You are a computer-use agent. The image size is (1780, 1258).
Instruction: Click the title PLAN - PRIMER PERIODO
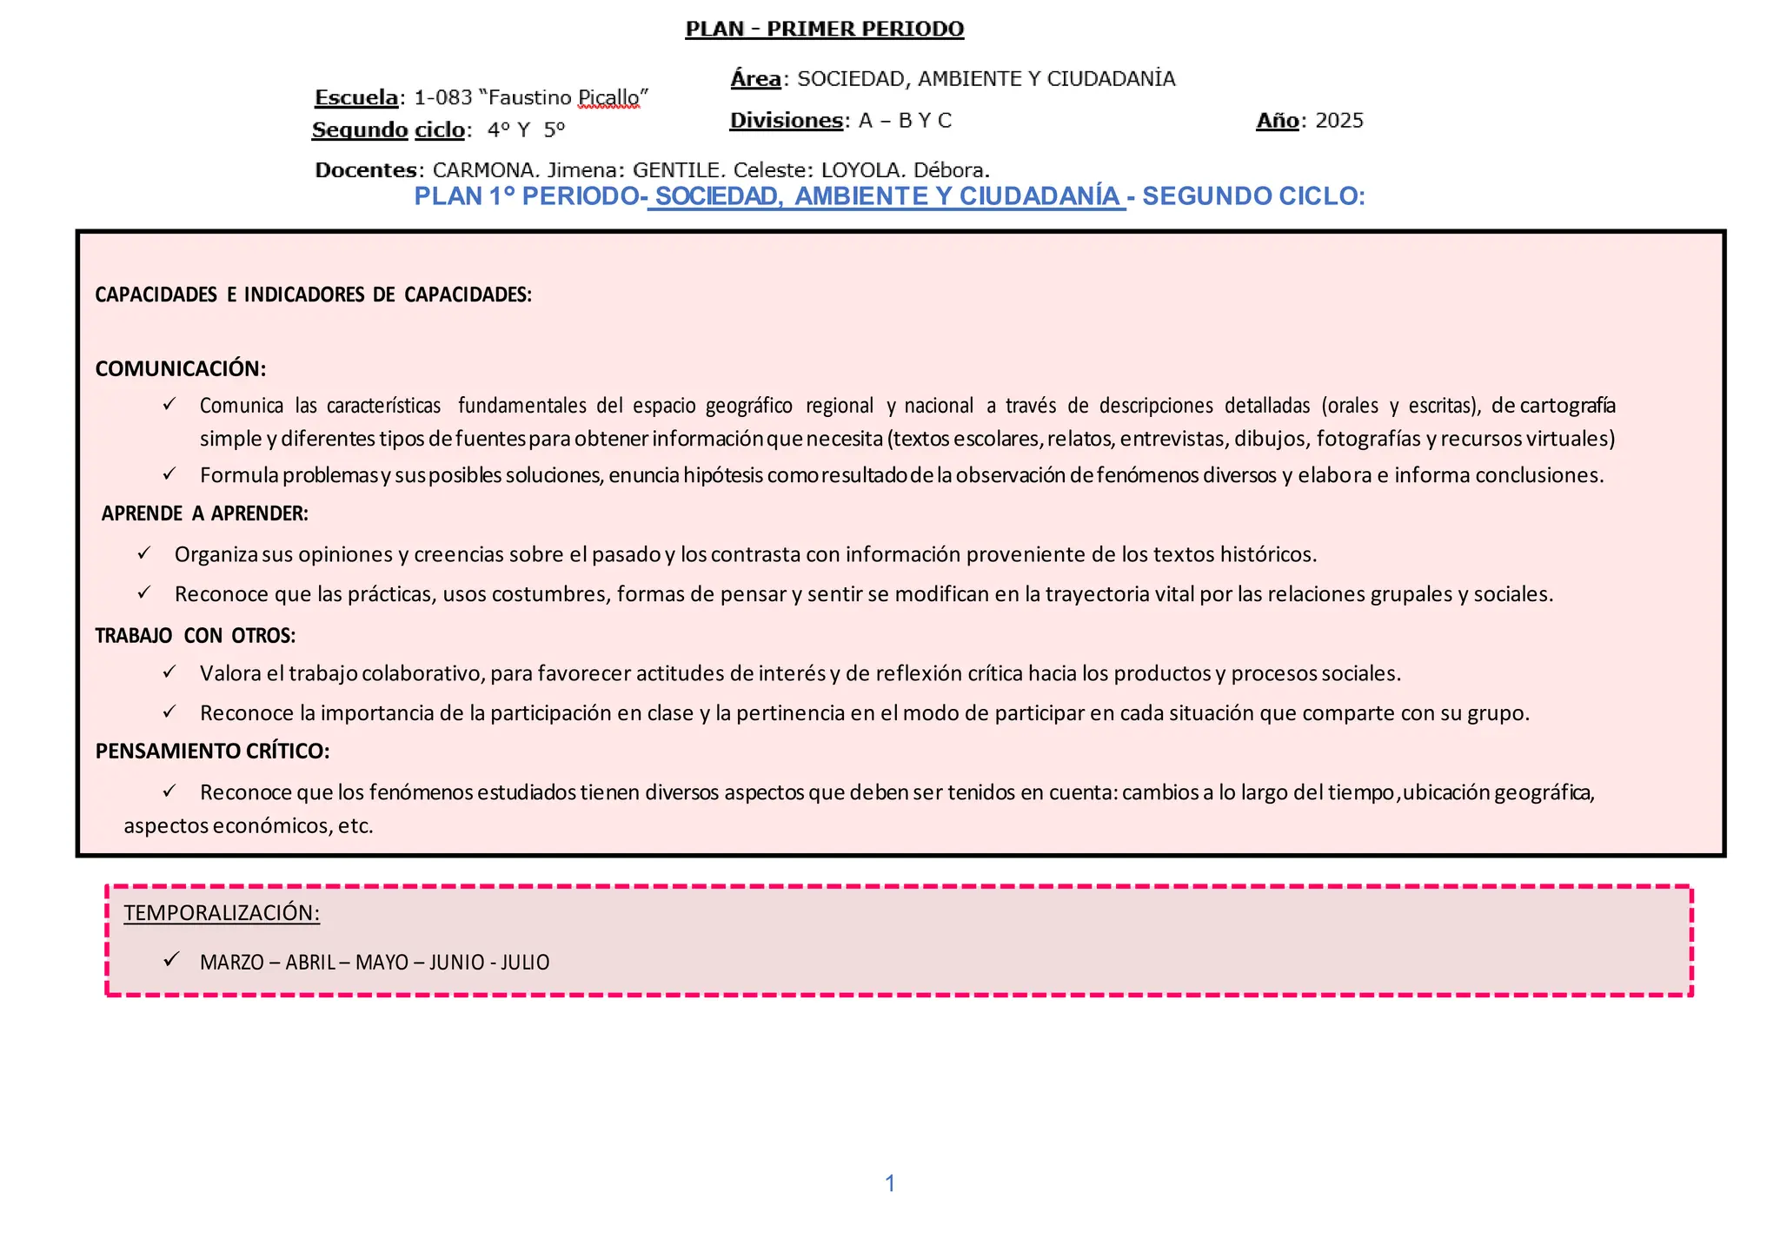point(824,30)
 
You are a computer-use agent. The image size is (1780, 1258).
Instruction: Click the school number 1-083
point(442,97)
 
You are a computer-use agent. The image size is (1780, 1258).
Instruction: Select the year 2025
point(1338,121)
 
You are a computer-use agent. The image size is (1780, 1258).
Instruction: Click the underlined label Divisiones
point(787,121)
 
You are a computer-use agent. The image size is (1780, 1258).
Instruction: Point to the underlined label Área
point(755,79)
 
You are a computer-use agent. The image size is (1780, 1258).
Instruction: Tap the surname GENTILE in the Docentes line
point(678,170)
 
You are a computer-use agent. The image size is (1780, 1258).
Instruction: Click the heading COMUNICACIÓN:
point(181,368)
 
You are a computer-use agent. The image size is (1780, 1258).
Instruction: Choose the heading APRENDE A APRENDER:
point(205,513)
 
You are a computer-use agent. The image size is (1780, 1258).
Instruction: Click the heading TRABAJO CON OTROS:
point(196,636)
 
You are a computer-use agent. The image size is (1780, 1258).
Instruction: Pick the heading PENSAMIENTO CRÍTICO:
point(212,751)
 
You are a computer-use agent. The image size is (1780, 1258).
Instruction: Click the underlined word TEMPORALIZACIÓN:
point(222,913)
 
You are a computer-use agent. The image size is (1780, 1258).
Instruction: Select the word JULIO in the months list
point(525,963)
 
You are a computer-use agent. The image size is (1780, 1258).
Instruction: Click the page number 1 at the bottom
point(890,1183)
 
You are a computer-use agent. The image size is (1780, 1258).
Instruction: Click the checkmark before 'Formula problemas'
point(169,474)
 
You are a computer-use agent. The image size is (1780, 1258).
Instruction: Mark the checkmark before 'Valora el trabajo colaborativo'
point(169,672)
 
